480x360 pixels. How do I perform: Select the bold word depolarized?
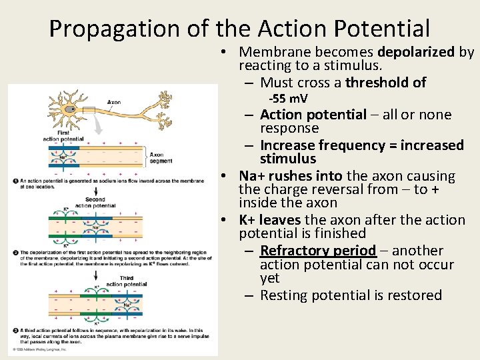click(417, 52)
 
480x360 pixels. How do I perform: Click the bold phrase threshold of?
click(385, 83)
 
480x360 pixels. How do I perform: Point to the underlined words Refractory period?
click(318, 251)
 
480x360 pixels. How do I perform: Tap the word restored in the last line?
click(411, 295)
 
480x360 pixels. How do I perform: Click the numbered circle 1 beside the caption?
click(15, 180)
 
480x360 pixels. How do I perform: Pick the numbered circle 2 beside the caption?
click(15, 253)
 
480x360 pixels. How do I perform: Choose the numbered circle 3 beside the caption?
click(15, 331)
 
